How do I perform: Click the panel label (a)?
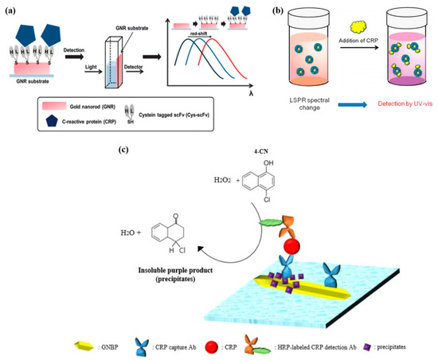(10, 10)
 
